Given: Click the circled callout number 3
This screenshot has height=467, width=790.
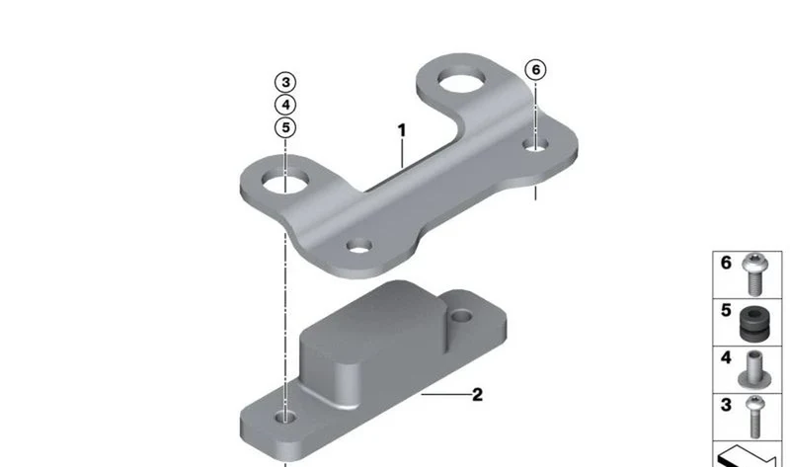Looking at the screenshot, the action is coord(285,82).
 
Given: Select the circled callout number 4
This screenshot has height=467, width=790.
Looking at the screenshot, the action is coord(285,105).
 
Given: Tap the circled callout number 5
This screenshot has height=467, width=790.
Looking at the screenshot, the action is coord(285,127).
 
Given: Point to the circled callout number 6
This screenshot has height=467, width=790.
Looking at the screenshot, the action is coord(535,69).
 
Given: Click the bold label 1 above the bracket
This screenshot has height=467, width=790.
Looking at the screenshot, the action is coord(402,130).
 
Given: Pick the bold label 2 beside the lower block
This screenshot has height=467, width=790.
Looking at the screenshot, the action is coord(477,395).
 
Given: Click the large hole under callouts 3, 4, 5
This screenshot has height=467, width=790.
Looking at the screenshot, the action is coord(285,182).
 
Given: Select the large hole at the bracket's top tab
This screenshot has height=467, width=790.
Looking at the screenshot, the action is coord(461,81).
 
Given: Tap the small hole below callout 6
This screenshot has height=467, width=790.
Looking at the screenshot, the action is coord(535,145).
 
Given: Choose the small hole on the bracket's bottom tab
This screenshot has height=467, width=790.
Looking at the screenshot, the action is coord(359,247).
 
